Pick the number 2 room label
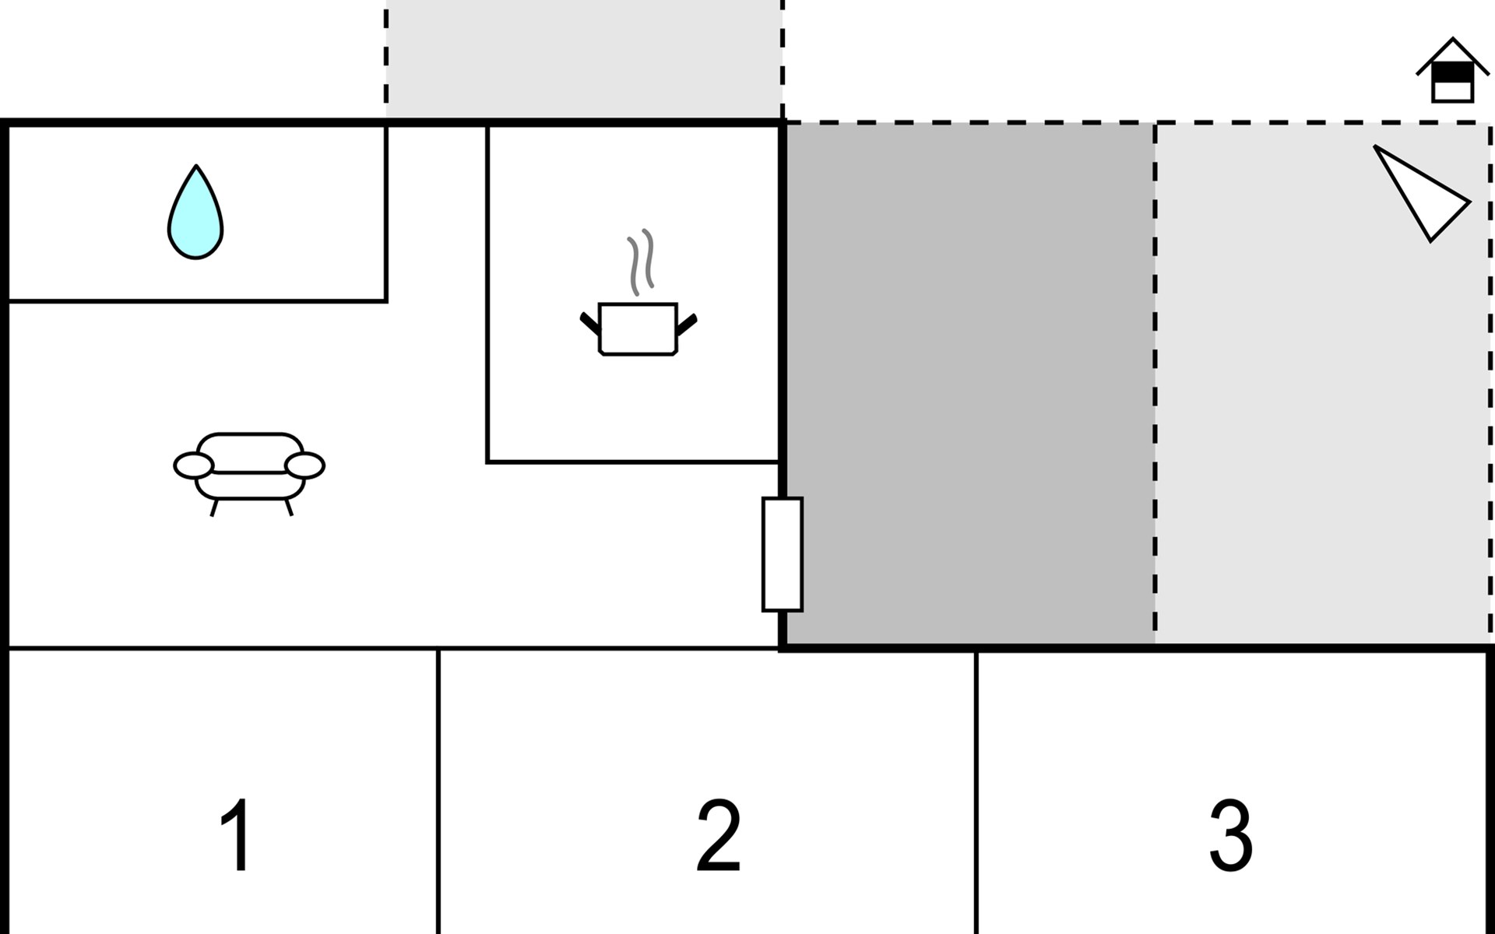[x=718, y=835]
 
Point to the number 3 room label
[x=1231, y=835]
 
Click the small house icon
[x=1453, y=70]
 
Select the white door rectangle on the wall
[x=783, y=554]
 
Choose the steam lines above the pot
[x=641, y=262]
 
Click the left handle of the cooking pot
[x=590, y=321]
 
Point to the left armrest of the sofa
[x=193, y=465]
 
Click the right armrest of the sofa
[x=304, y=465]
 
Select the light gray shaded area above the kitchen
[x=584, y=59]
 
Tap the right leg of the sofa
[x=289, y=507]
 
